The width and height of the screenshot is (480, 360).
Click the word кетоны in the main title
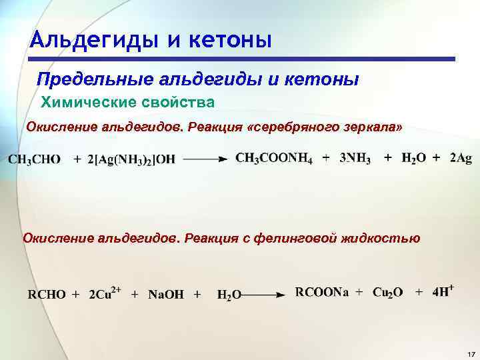pyautogui.click(x=231, y=41)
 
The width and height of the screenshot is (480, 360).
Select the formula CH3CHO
pyautogui.click(x=35, y=159)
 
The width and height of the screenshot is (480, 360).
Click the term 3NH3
pyautogui.click(x=355, y=158)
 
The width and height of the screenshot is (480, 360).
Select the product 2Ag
pyautogui.click(x=461, y=158)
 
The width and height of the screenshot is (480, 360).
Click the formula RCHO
pyautogui.click(x=47, y=294)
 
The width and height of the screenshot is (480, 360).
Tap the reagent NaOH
pyautogui.click(x=166, y=294)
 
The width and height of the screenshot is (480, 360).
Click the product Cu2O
pyautogui.click(x=387, y=293)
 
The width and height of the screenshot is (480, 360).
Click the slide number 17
pyautogui.click(x=470, y=353)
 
